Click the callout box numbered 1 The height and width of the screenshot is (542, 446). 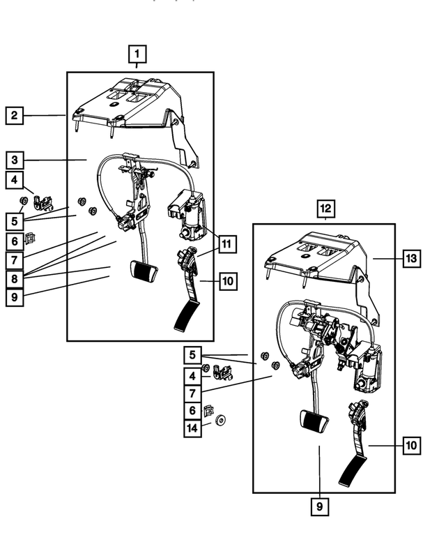tap(137, 54)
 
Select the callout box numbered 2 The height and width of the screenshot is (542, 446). tap(14, 116)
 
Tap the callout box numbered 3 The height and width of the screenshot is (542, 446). tap(14, 160)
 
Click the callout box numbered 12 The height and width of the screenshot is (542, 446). tap(325, 209)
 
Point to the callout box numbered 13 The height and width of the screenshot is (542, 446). tap(411, 258)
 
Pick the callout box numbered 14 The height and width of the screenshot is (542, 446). tap(192, 428)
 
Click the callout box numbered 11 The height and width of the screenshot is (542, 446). tap(226, 244)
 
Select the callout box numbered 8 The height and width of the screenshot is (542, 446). tap(14, 279)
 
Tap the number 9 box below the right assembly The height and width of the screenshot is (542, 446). tap(319, 506)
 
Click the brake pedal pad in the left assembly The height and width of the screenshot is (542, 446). tap(144, 271)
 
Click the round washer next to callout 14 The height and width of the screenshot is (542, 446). tap(220, 421)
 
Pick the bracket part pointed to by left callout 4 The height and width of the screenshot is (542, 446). tap(43, 203)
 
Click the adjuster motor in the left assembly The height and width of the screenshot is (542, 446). tap(187, 214)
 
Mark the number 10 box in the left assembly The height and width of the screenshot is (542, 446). tap(228, 281)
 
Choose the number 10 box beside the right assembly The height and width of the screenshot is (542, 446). tap(411, 445)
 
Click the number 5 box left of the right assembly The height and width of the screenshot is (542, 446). tap(192, 355)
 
